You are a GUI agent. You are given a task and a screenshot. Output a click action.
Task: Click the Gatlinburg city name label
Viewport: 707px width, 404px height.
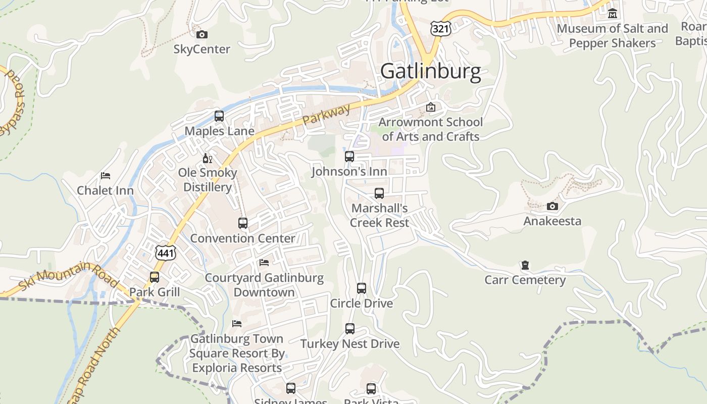pos(430,71)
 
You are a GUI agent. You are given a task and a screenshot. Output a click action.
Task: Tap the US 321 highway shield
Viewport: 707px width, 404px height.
pos(440,28)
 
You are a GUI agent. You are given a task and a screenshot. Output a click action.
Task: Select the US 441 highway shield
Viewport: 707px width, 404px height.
pos(165,252)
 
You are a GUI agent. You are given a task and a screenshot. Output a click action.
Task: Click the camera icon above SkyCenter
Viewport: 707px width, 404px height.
pos(202,34)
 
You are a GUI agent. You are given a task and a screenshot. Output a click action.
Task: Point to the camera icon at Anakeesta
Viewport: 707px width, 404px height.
pos(552,206)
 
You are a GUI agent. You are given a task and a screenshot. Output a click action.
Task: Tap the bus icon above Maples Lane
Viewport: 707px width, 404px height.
pos(219,116)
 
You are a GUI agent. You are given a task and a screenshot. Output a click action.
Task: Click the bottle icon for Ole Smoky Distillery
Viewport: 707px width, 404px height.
pos(207,158)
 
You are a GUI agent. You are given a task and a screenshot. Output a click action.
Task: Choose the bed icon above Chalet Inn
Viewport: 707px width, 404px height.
pos(106,176)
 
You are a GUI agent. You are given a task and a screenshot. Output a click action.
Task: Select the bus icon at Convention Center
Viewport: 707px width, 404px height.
pos(243,223)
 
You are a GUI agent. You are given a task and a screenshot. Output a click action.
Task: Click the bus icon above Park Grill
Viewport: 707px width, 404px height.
pos(155,277)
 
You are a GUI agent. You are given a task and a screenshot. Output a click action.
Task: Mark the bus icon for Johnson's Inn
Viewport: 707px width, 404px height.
pos(349,157)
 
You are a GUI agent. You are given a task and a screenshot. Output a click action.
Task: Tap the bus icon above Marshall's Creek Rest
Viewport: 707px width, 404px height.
pos(379,193)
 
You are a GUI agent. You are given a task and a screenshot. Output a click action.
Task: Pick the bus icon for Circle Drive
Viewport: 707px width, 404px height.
pos(362,288)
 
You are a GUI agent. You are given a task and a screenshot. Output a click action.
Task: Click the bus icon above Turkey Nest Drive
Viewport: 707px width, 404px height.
pos(350,329)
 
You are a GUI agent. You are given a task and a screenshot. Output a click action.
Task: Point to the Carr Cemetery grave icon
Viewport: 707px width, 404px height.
pos(525,265)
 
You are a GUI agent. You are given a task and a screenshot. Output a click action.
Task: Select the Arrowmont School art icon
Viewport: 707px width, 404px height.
pos(431,107)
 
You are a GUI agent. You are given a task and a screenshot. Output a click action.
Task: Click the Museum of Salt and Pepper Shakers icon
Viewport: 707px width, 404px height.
pos(613,14)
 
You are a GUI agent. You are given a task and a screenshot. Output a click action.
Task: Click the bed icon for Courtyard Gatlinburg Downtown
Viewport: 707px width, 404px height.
pos(264,263)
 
